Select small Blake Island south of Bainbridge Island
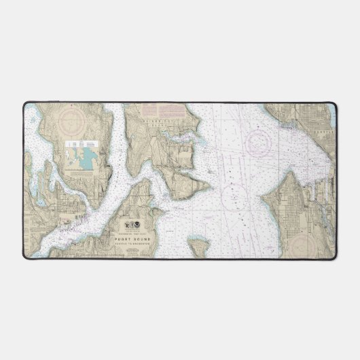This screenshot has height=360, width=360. tap(200, 251)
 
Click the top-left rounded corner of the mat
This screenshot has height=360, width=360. tap(26, 105)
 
